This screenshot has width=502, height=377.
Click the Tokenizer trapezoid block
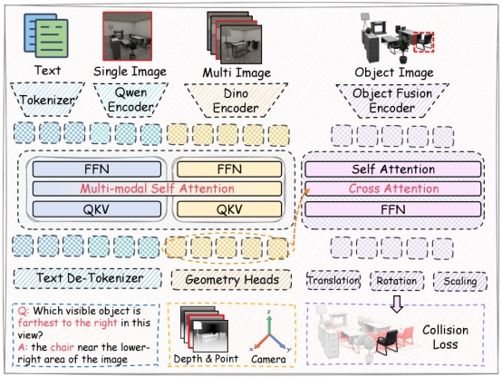point(47,100)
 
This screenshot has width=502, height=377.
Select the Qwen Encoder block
point(130,100)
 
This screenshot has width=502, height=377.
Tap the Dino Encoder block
point(236,101)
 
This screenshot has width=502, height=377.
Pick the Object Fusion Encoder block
point(392,101)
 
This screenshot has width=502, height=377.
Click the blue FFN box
point(97,169)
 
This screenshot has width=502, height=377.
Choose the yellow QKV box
point(229,209)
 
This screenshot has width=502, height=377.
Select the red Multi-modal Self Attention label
point(157,188)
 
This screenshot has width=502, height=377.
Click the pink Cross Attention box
point(393,188)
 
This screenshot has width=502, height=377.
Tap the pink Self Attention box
point(393,169)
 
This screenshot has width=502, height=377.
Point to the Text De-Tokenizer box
point(88,278)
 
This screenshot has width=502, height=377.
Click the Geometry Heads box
point(231,280)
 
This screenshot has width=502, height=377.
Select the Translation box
point(333,281)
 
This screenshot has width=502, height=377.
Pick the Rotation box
point(397,281)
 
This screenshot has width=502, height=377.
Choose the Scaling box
point(460,281)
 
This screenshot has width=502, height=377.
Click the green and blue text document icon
point(46,35)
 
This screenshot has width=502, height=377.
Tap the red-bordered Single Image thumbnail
point(127,36)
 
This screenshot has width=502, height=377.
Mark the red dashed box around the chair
point(423,42)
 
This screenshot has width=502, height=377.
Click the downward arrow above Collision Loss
point(397,304)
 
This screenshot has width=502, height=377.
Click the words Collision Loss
point(445,337)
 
